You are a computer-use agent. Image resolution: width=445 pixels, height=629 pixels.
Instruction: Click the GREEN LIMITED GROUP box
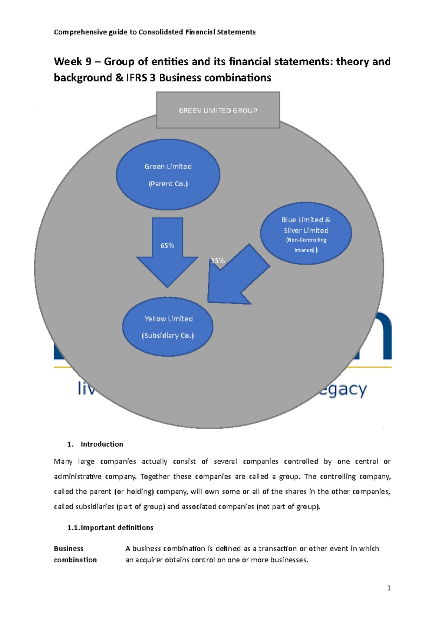218,110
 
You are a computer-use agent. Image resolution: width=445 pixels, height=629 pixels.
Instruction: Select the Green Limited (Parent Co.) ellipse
168,175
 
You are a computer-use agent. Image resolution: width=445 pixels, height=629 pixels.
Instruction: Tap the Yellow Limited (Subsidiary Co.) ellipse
168,327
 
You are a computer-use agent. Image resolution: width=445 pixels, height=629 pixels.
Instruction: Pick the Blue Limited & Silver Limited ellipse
306,233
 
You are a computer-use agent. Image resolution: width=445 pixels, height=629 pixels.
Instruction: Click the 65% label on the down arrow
167,246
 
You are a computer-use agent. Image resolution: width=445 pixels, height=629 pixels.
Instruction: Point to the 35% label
217,260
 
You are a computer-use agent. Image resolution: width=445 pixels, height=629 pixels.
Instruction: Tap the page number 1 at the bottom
389,588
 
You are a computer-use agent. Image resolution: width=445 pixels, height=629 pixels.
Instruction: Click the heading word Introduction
102,444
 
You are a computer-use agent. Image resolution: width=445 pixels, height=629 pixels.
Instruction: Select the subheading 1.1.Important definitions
110,528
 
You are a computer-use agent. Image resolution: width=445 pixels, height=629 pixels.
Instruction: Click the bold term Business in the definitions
69,549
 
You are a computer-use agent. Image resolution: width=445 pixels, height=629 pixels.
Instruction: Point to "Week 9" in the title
73,61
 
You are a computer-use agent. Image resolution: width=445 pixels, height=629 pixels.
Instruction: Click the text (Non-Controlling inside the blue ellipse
306,240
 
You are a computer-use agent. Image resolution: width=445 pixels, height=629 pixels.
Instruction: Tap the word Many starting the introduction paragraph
63,462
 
